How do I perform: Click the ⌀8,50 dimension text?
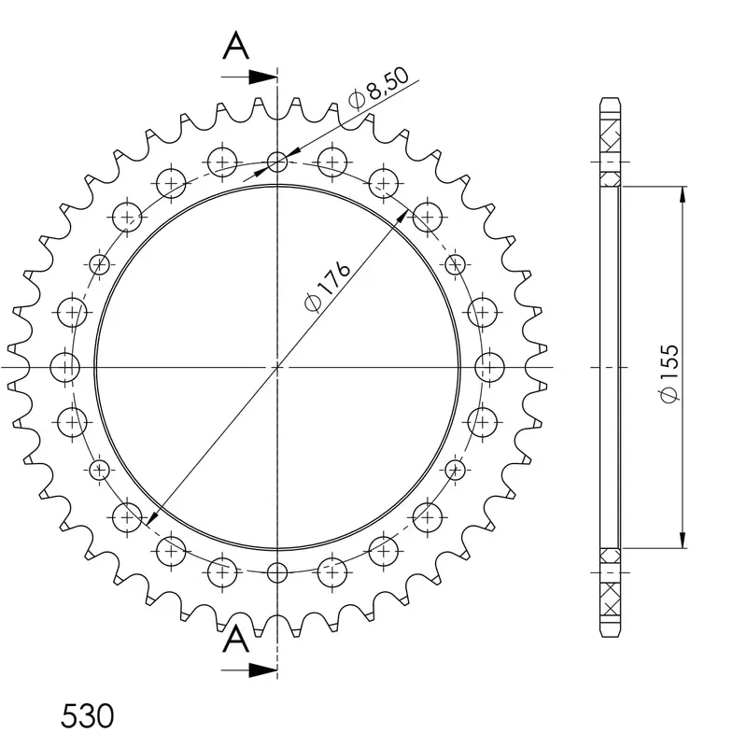click(379, 88)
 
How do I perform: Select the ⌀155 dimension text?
click(669, 373)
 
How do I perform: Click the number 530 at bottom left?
click(87, 715)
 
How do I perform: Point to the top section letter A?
click(236, 46)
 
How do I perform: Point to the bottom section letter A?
click(236, 640)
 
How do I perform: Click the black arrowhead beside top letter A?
click(263, 78)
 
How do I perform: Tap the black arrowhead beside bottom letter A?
click(263, 670)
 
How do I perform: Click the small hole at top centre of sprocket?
click(277, 162)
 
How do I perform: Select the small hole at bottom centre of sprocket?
click(277, 572)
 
